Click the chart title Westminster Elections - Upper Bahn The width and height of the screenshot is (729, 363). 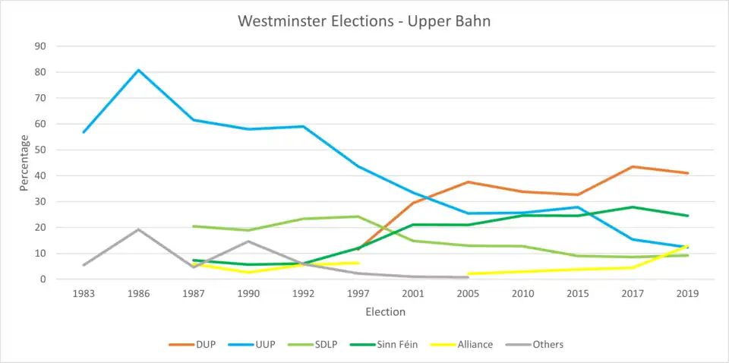pos(364,21)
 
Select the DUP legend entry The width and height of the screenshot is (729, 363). pos(205,345)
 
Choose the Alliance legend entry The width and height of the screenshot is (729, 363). pos(475,345)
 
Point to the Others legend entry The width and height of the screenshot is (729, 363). pos(548,345)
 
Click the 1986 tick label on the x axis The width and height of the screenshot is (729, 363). pos(138,294)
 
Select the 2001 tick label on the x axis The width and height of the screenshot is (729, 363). pos(413,294)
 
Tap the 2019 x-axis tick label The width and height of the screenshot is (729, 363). pos(687,294)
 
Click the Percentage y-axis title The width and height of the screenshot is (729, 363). pos(24,163)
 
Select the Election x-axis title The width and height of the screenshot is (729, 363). pos(386,312)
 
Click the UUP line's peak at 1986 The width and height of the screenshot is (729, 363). pos(138,70)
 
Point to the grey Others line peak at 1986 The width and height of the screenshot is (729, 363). pos(138,229)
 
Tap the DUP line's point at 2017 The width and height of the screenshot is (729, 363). pos(633,166)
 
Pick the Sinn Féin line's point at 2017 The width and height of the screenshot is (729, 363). pos(633,207)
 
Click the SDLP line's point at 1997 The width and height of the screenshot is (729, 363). pos(358,216)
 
